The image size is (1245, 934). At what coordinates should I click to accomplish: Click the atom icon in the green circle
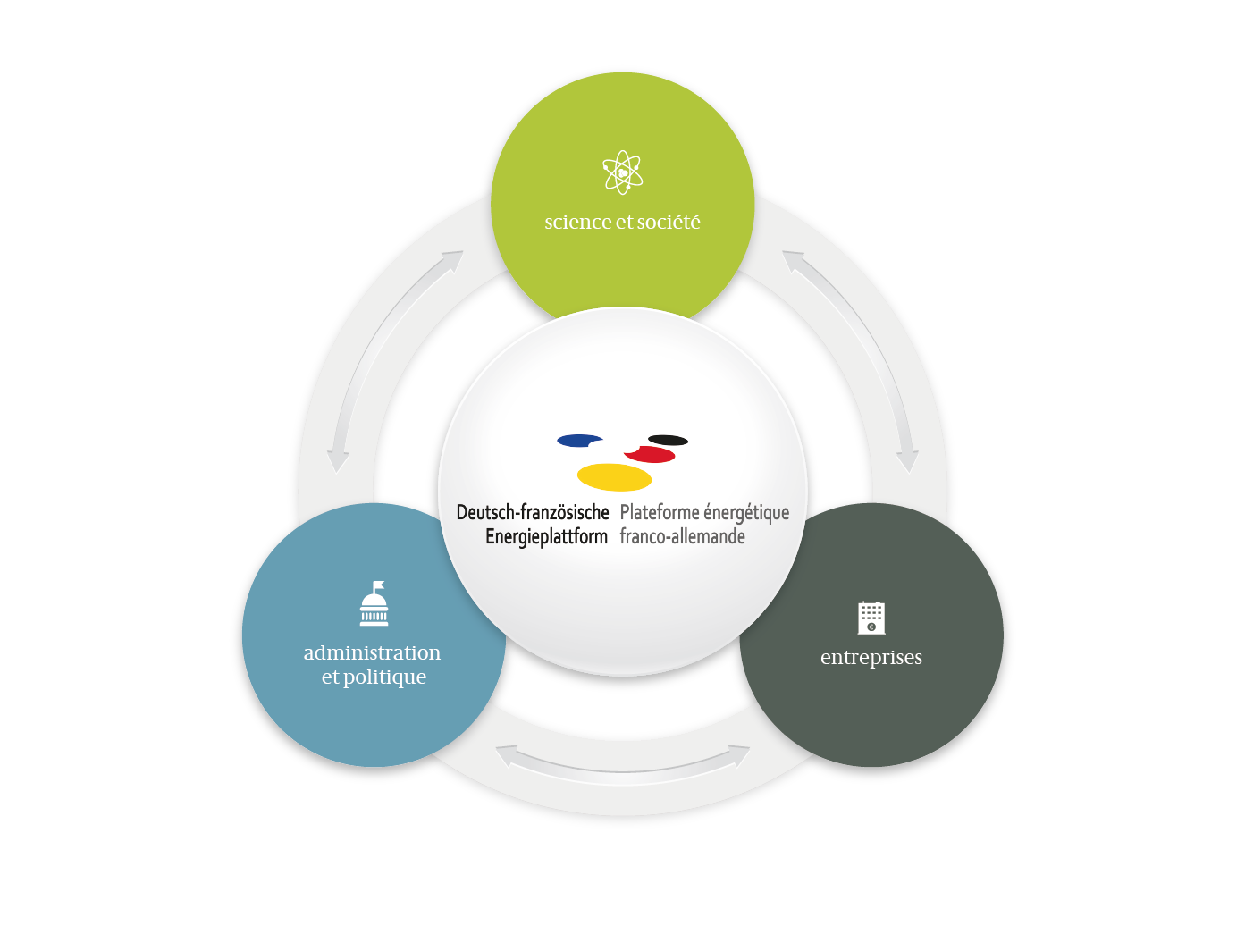coord(622,172)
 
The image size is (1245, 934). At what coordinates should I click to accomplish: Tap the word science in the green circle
coord(578,222)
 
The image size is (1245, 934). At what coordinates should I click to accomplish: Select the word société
coord(669,221)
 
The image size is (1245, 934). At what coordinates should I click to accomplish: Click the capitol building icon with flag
coord(374,603)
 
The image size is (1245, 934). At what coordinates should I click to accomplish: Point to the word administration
coord(372,652)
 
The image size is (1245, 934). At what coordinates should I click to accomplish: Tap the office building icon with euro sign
coord(871,618)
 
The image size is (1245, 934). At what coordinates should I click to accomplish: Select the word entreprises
coord(871,658)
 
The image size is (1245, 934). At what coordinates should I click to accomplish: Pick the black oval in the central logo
coord(669,440)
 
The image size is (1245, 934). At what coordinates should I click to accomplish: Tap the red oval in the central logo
coord(650,454)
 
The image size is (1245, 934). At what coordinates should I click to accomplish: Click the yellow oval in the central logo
coord(614,477)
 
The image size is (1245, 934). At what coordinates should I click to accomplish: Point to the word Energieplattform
coord(546,536)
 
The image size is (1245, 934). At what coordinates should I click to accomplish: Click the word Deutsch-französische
coord(533,512)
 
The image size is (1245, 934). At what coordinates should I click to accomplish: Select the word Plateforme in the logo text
coord(659,512)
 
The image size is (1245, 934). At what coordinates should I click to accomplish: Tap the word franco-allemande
coord(682,536)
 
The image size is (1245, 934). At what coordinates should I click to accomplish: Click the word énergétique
coord(746,513)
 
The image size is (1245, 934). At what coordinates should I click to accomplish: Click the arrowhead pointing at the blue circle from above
coord(338,461)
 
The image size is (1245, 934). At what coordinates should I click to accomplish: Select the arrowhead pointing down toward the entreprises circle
coord(907,461)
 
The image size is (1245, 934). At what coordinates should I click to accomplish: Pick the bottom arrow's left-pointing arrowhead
coord(507,756)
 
